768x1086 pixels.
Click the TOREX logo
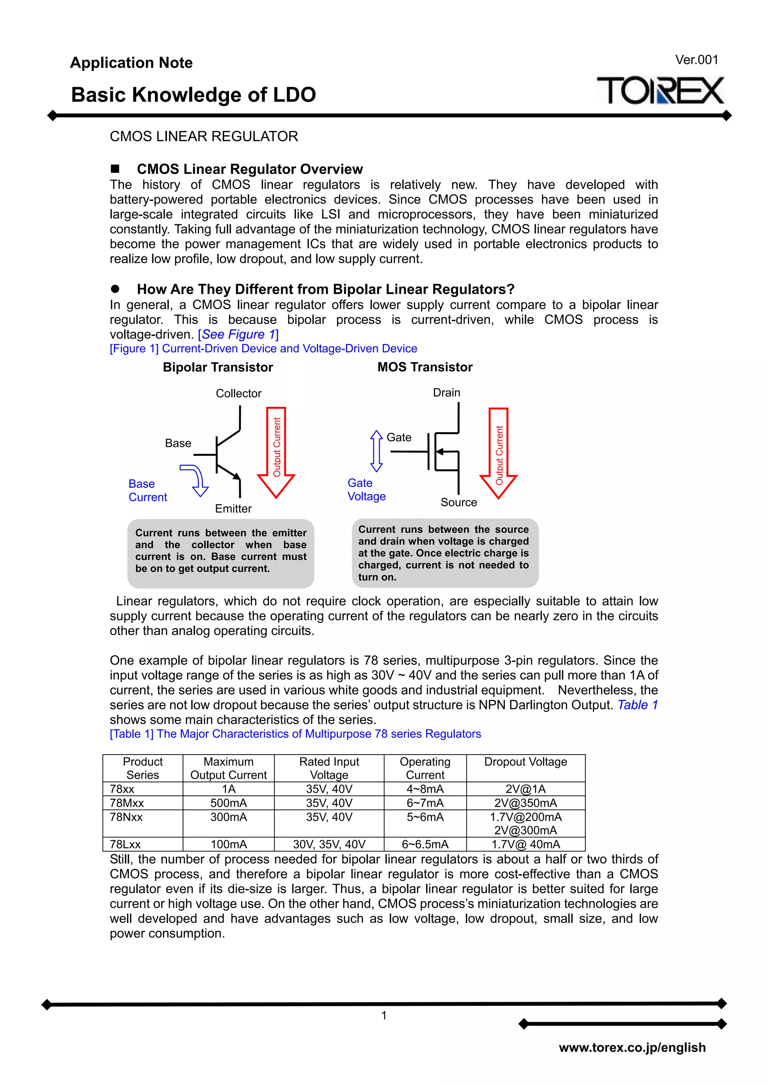[660, 91]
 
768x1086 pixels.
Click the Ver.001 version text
[696, 60]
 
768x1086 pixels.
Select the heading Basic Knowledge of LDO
[193, 94]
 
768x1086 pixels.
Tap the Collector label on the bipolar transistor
[238, 394]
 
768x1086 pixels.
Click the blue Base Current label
[148, 490]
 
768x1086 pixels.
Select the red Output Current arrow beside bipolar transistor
[276, 452]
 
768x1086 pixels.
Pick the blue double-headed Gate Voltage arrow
[376, 451]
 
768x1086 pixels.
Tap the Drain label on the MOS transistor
[446, 392]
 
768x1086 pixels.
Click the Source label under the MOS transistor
[459, 502]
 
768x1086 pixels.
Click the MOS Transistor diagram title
[424, 367]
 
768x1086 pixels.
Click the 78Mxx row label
[127, 803]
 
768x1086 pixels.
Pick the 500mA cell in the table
[228, 803]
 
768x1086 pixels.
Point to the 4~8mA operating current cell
[425, 789]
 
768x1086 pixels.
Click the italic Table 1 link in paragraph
[637, 705]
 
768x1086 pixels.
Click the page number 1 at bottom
[384, 1015]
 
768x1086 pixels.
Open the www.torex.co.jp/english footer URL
[632, 1047]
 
